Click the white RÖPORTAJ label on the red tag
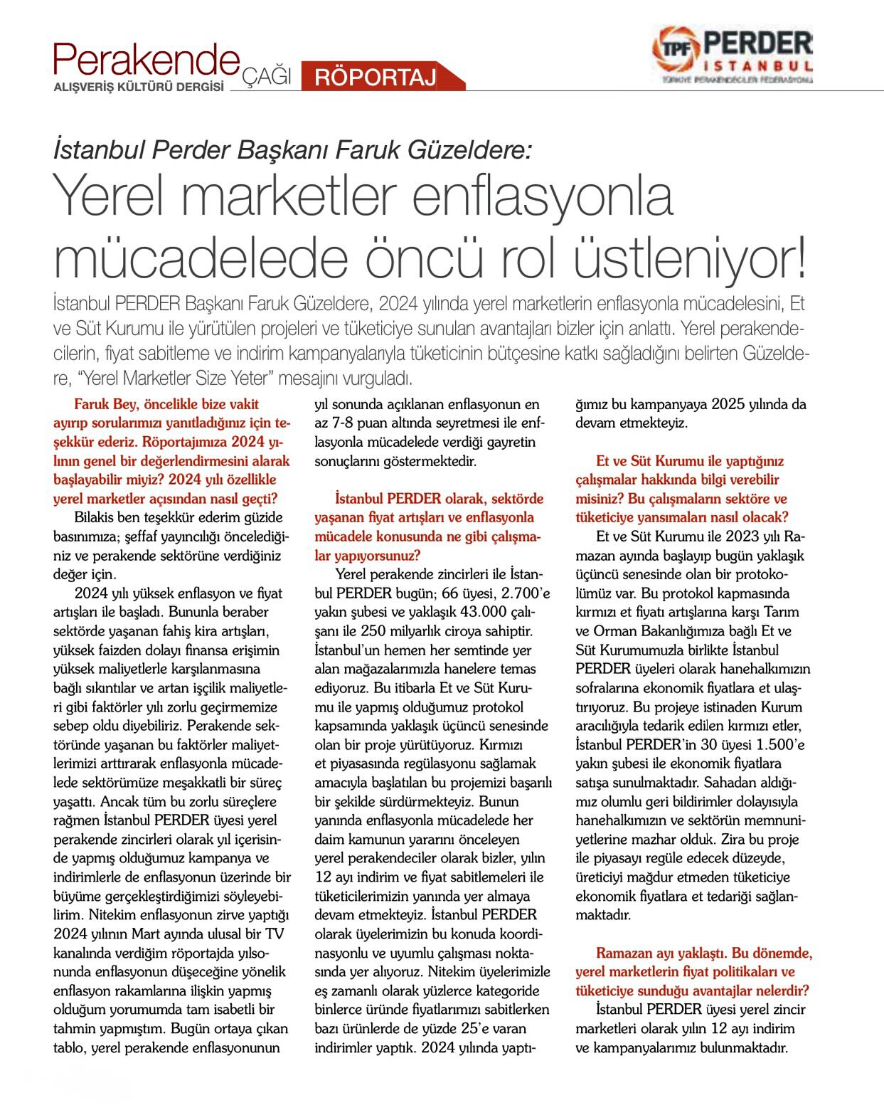click(375, 77)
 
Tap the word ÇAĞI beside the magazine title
click(268, 76)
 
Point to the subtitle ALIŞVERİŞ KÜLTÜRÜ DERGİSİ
click(139, 87)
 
